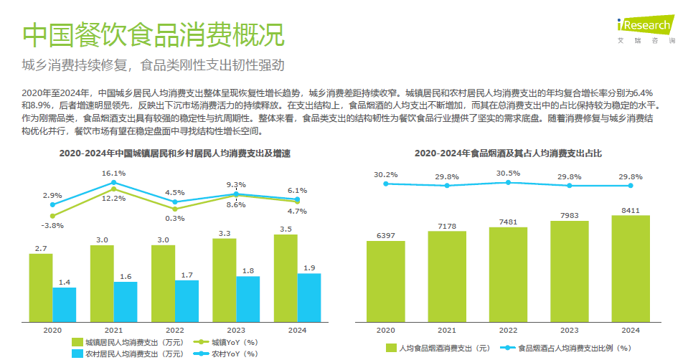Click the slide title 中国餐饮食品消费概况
[152, 34]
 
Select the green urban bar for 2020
[41, 287]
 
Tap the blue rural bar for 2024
[309, 297]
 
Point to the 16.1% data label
[114, 173]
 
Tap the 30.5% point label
[508, 173]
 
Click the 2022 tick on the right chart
[508, 330]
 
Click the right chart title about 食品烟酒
[508, 153]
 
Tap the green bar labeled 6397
[385, 280]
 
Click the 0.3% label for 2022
[175, 218]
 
